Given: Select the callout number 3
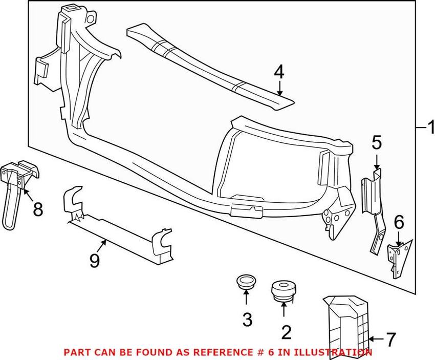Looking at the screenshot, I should [x=247, y=320].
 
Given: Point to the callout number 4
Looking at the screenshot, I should [x=278, y=72].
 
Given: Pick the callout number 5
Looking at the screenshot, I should [x=377, y=142].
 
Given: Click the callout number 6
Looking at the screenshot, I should [x=399, y=222].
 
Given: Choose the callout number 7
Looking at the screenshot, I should [x=390, y=338].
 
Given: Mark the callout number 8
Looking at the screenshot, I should [x=38, y=208].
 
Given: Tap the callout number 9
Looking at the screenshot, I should [x=95, y=262].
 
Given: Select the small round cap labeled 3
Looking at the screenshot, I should [x=246, y=282].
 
